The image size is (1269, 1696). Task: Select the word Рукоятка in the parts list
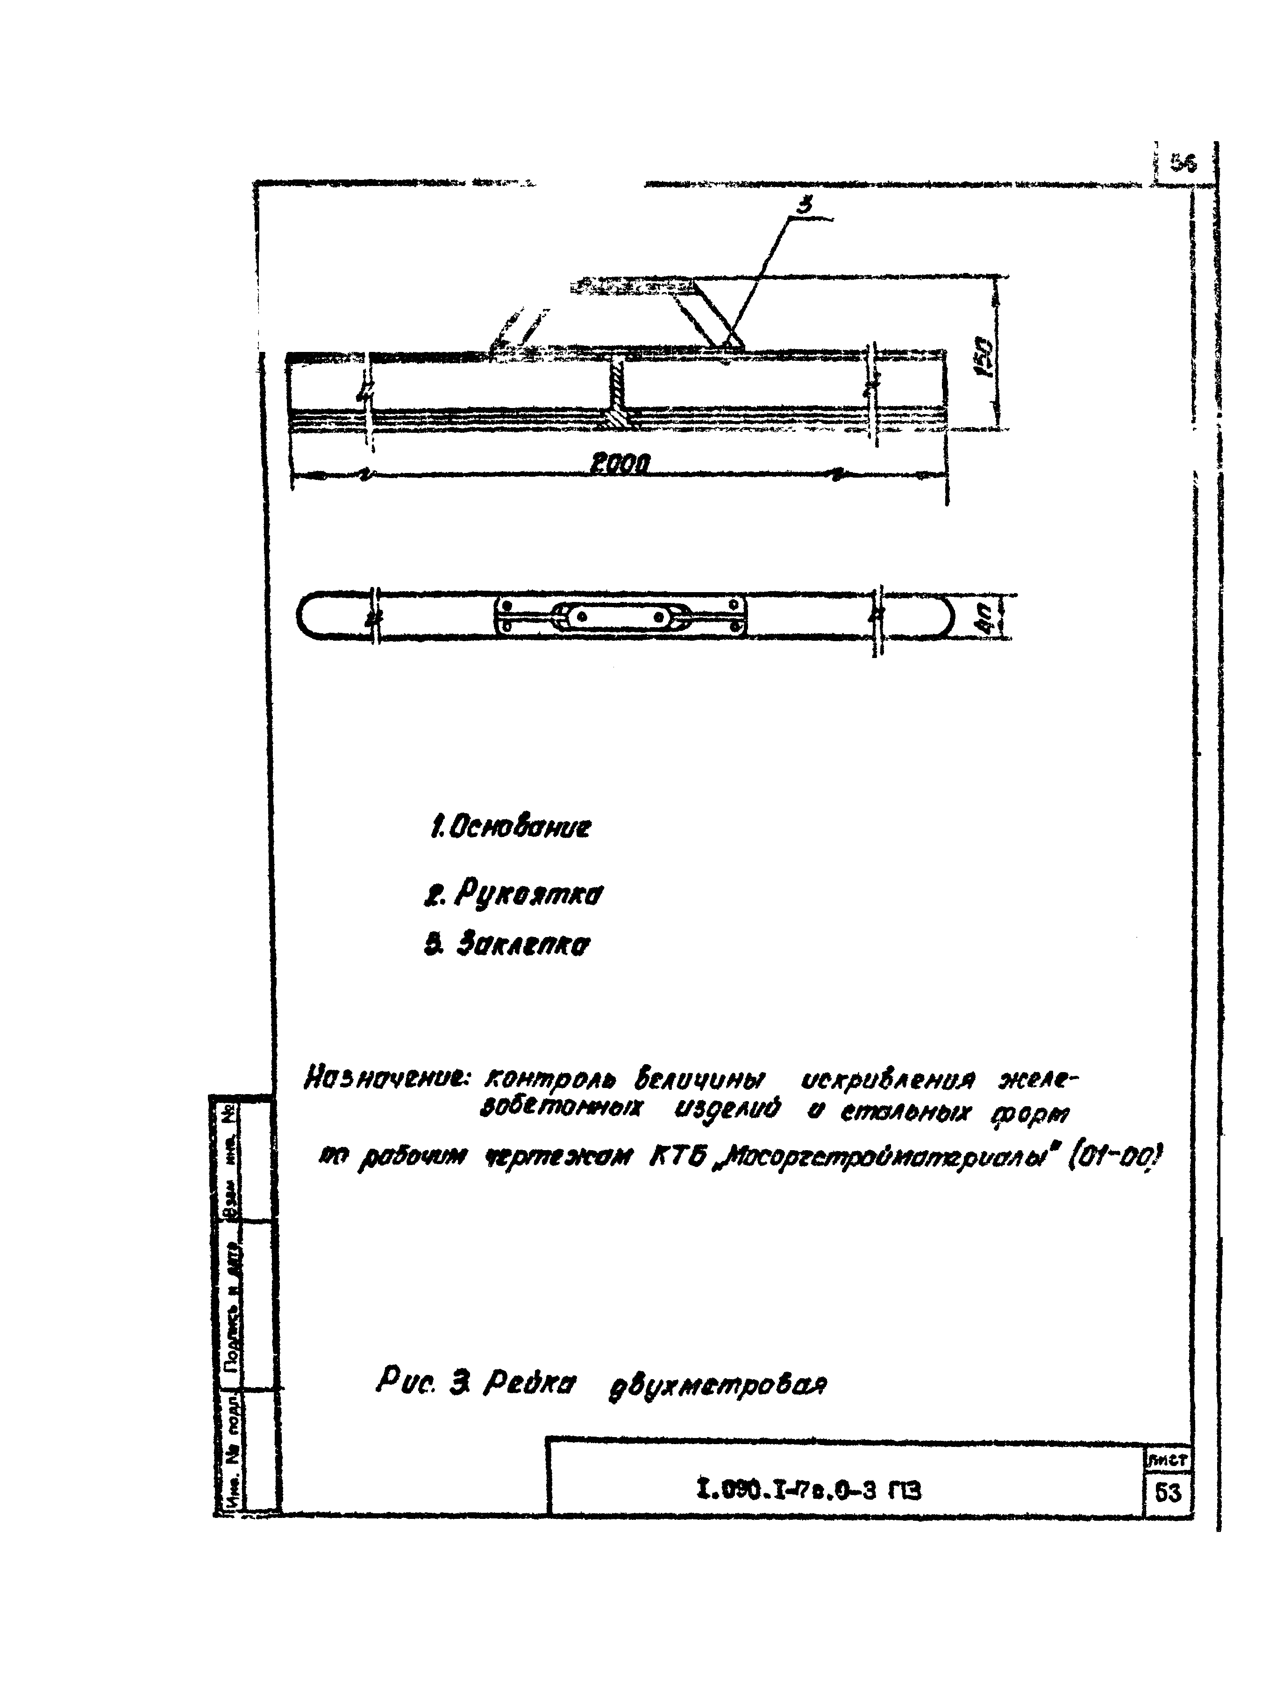527,894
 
